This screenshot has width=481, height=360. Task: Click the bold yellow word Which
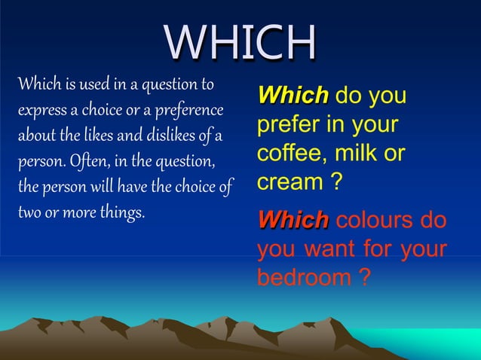click(293, 96)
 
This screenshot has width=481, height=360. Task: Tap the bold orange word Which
click(293, 221)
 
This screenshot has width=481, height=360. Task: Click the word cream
click(286, 182)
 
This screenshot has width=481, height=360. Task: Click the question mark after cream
click(329, 182)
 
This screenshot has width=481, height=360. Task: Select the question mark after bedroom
click(364, 277)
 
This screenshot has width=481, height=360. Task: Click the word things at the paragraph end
click(122, 212)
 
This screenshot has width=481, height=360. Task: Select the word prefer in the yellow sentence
click(286, 124)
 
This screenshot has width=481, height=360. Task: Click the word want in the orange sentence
click(331, 249)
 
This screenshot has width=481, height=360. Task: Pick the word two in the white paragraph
click(29, 212)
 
